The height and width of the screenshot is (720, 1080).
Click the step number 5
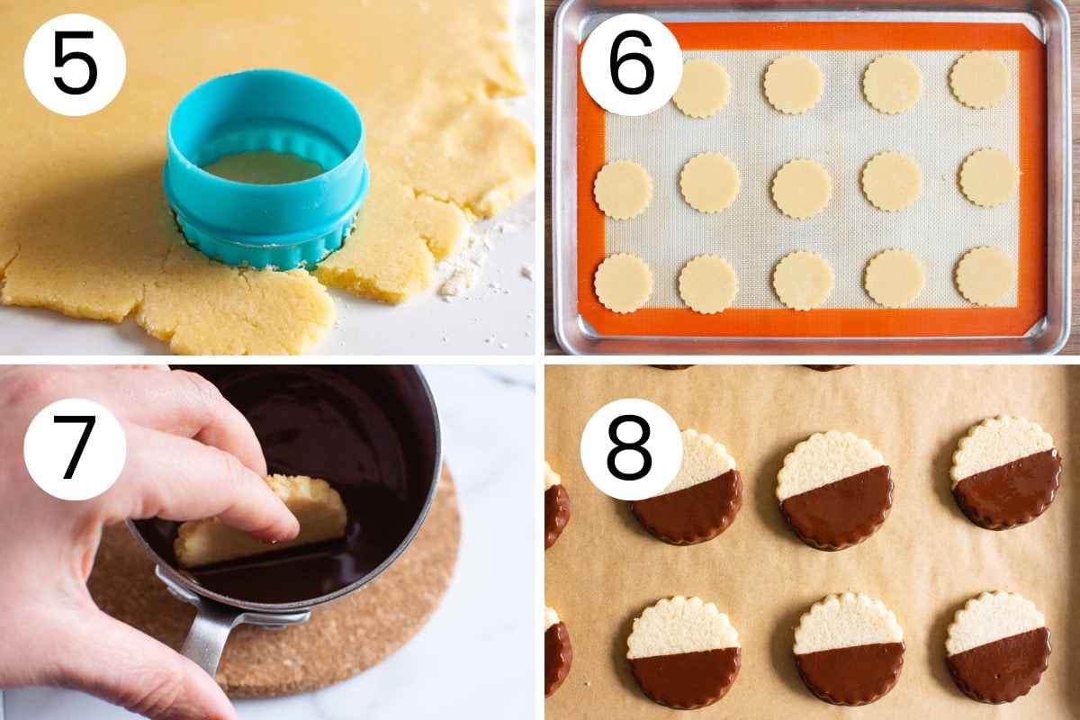tap(76, 63)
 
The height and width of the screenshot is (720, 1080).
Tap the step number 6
tap(631, 63)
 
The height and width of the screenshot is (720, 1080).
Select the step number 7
tap(76, 447)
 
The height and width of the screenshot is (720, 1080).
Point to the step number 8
tap(630, 447)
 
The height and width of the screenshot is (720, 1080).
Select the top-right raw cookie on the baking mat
tap(980, 79)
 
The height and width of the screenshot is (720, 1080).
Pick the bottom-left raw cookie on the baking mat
tap(624, 283)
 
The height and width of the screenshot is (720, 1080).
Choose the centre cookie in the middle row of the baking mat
tap(802, 189)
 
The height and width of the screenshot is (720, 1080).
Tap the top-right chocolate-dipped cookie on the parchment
tap(1006, 472)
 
